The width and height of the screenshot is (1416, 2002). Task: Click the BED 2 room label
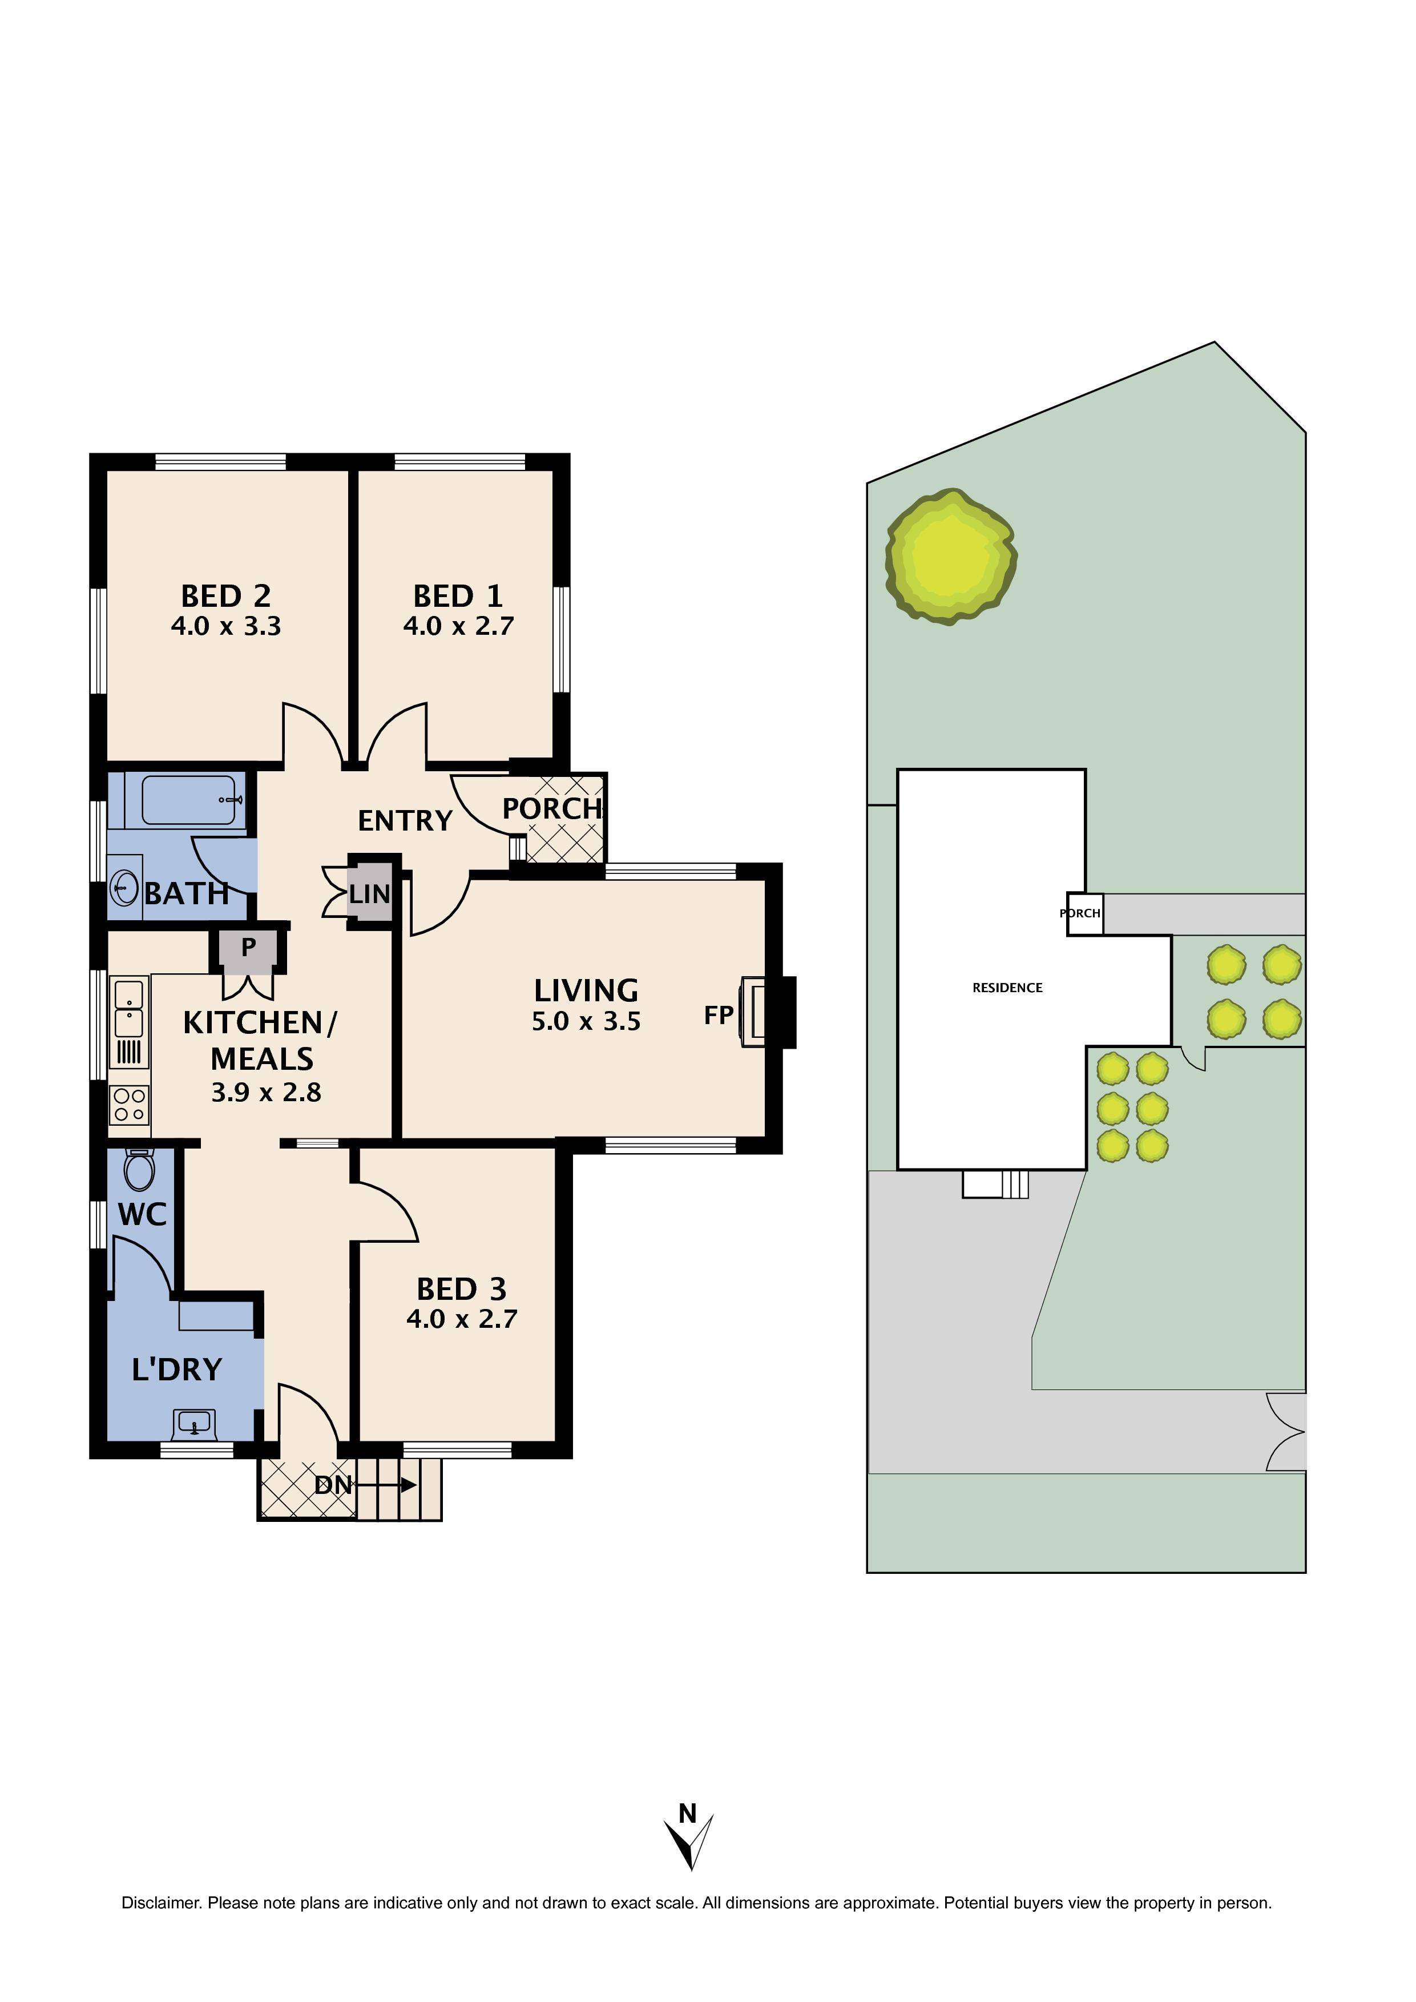tap(226, 597)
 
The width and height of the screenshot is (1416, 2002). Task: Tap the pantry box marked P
tap(248, 948)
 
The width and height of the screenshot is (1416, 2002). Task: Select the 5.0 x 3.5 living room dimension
tap(586, 1021)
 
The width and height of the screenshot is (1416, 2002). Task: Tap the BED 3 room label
tap(461, 1289)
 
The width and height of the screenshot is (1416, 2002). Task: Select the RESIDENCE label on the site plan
tap(1007, 988)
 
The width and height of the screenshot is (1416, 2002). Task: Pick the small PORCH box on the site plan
tap(1084, 914)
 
